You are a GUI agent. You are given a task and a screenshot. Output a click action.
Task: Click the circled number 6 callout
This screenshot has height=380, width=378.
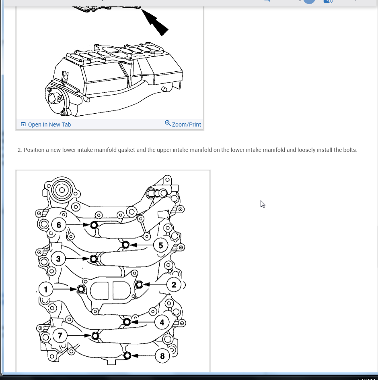tap(59, 225)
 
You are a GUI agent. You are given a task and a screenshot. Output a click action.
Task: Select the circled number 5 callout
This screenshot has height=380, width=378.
tap(160, 245)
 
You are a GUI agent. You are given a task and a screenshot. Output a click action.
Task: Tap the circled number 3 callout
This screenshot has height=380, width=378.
tap(58, 259)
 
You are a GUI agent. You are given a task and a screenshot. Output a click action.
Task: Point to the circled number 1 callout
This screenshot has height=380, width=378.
tap(46, 289)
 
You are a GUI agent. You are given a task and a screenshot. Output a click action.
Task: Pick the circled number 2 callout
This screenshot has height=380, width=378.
tap(174, 285)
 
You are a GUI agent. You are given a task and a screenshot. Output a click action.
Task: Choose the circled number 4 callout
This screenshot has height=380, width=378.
tap(162, 322)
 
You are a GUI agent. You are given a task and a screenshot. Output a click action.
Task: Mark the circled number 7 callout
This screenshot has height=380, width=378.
tap(60, 335)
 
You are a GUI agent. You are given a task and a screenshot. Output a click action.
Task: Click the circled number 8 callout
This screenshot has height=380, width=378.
tap(162, 356)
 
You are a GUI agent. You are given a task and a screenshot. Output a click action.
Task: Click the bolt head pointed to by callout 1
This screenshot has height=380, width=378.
tap(81, 289)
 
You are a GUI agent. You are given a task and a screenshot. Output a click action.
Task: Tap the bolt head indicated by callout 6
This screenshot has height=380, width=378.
tap(94, 225)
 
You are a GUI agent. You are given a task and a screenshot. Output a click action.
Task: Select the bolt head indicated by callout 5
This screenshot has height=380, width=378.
tap(125, 245)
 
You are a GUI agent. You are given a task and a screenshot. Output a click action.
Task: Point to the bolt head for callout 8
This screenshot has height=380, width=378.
tap(127, 355)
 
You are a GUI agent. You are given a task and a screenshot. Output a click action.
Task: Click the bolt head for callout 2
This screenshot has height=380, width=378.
tap(139, 285)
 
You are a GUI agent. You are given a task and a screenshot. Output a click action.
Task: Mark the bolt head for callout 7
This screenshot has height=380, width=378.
tap(95, 335)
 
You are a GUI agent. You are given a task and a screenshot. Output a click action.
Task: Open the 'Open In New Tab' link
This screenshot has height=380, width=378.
tap(49, 125)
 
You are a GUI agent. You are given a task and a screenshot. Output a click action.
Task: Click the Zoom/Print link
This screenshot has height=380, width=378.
tap(186, 125)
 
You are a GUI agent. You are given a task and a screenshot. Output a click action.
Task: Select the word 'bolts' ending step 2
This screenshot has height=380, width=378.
tap(349, 150)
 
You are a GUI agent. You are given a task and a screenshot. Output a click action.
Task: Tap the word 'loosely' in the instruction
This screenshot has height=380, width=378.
tap(308, 150)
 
